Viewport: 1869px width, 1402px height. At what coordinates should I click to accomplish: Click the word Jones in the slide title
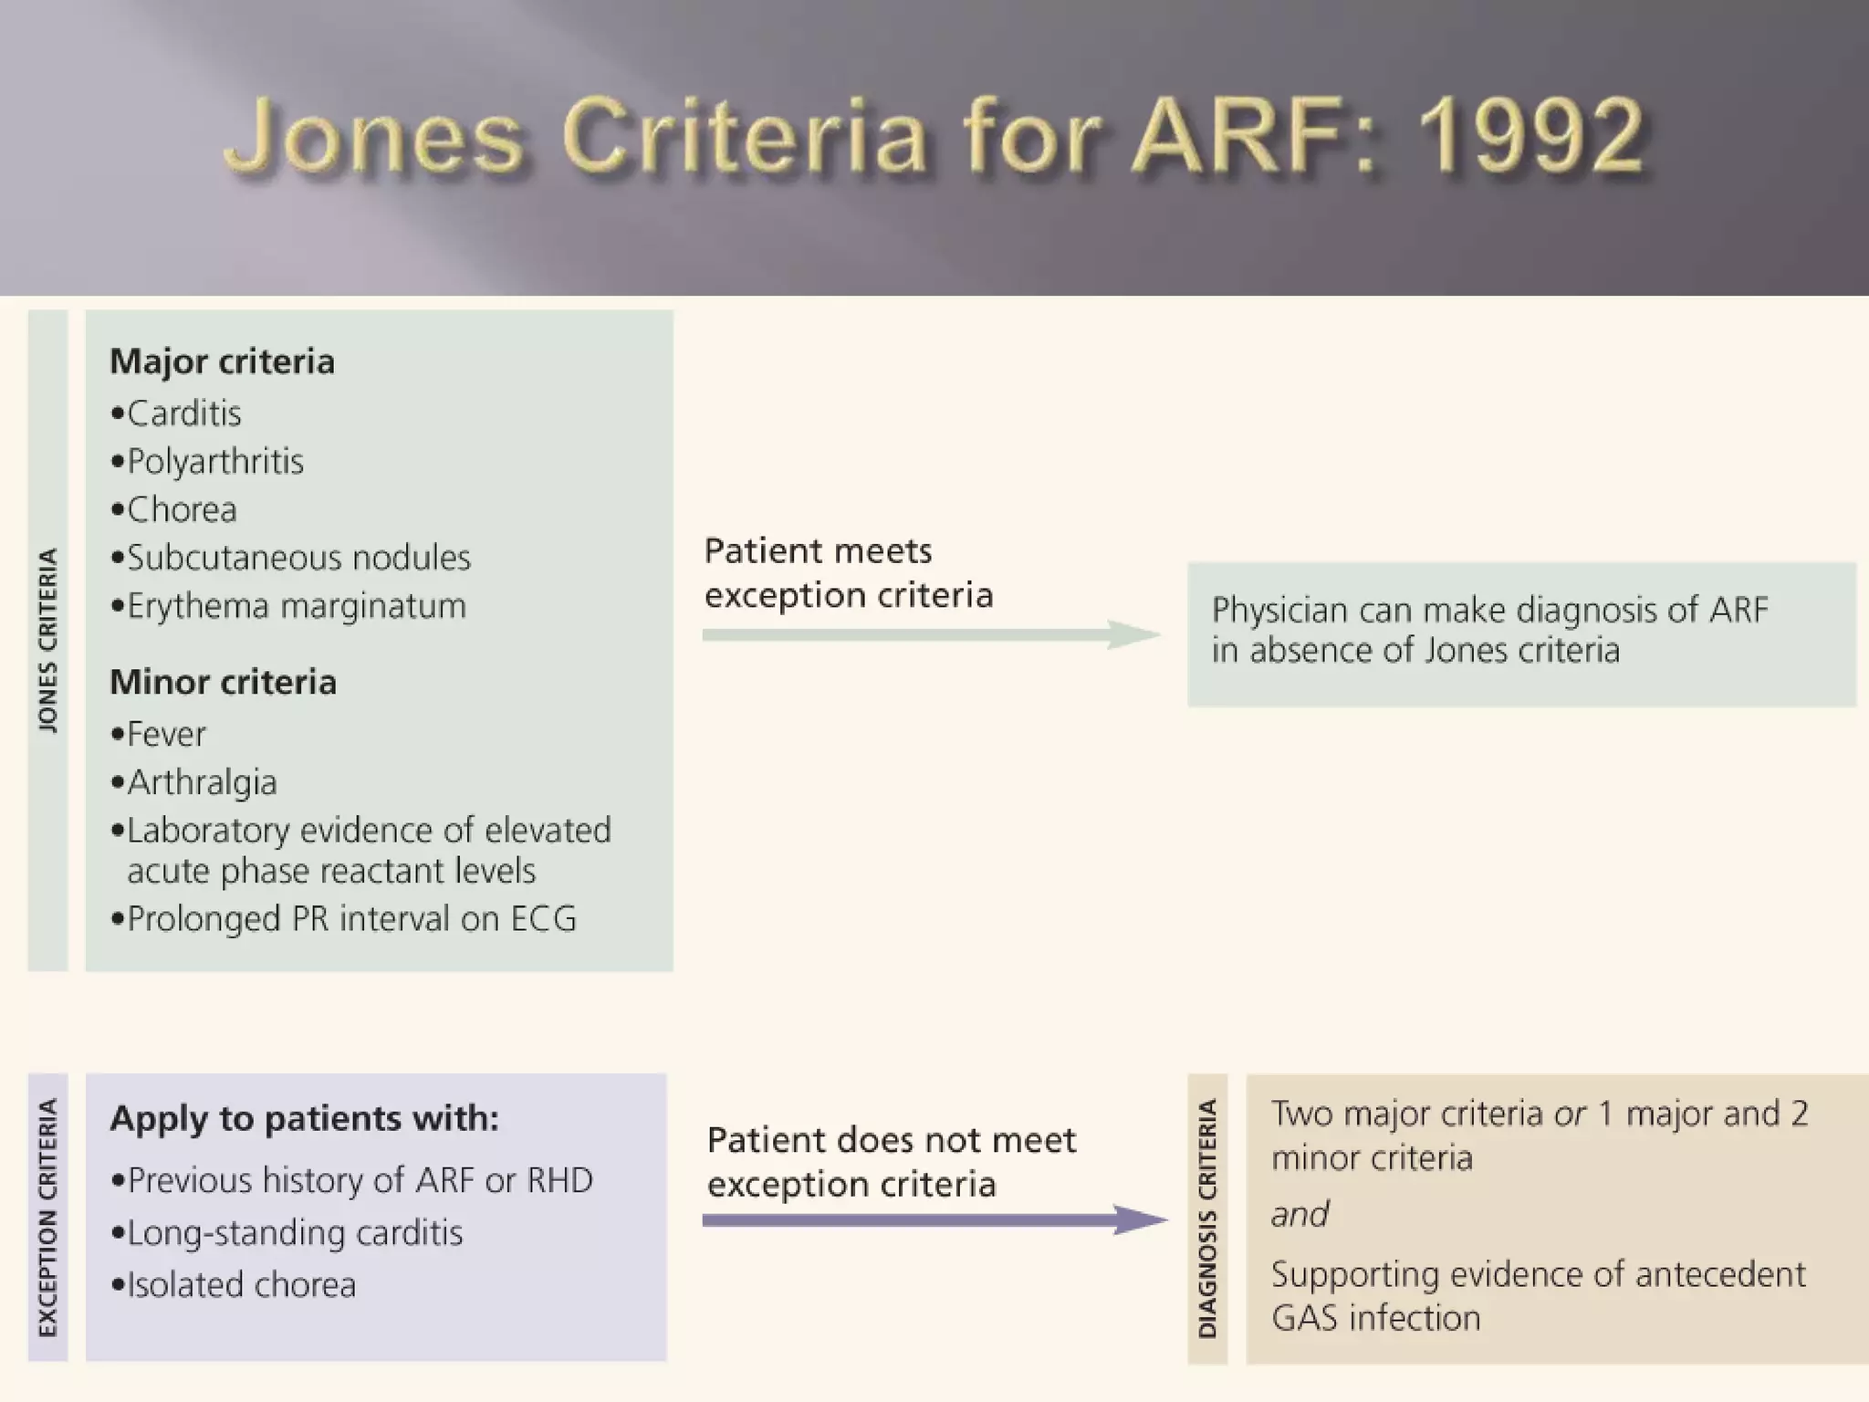click(x=374, y=137)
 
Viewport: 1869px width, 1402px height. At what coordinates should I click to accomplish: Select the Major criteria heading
click(x=222, y=361)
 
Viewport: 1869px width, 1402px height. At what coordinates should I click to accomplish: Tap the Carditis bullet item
click(x=183, y=413)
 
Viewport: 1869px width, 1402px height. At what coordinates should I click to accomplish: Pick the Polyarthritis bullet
click(x=214, y=462)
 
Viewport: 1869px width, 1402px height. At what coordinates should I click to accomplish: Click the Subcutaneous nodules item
click(x=298, y=558)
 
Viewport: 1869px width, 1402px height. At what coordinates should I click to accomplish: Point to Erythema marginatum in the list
click(x=296, y=606)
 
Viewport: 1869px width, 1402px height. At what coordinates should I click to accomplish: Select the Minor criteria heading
click(x=223, y=682)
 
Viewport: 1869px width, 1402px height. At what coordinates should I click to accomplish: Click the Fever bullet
click(x=165, y=734)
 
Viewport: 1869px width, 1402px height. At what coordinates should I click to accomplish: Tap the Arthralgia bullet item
click(x=201, y=782)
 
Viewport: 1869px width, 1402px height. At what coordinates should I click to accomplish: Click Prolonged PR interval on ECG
click(x=350, y=919)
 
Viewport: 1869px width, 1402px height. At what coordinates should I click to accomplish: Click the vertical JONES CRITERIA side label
click(x=48, y=640)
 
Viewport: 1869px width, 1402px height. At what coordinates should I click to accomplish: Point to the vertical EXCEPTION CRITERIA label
click(x=48, y=1218)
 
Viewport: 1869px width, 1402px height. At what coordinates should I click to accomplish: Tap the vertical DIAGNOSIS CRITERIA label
click(x=1207, y=1219)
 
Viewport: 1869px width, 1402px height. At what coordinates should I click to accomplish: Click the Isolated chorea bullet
click(x=240, y=1285)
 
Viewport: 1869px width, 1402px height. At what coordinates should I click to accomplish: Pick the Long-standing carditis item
click(x=294, y=1233)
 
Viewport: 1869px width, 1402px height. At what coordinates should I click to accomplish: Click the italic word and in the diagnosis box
click(x=1300, y=1215)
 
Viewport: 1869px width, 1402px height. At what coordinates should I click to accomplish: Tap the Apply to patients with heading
click(x=304, y=1118)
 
